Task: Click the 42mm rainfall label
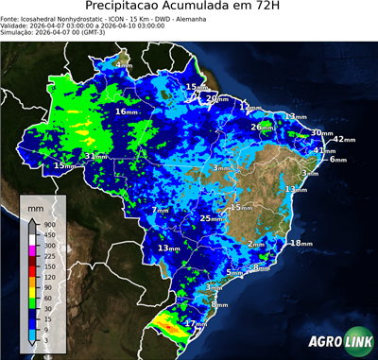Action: (x=343, y=140)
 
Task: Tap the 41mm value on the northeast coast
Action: (x=323, y=150)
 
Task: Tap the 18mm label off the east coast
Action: (x=300, y=244)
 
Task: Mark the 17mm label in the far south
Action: (x=195, y=323)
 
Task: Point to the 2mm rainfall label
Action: (x=255, y=244)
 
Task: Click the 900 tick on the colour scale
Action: (x=48, y=224)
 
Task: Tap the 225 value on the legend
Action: (x=48, y=256)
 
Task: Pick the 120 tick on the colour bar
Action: (x=48, y=277)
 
